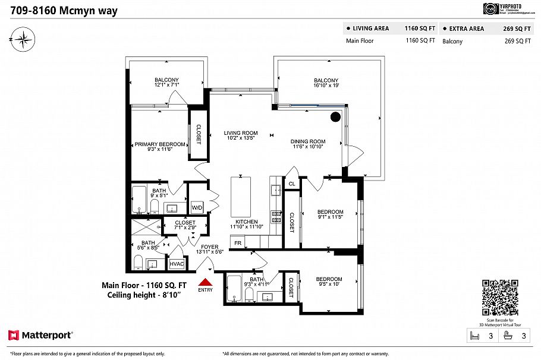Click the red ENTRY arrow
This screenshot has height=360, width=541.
205,282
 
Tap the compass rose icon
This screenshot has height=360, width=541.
23,40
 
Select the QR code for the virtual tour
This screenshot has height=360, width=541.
499,298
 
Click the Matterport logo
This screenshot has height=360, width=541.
40,336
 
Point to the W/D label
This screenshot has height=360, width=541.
197,207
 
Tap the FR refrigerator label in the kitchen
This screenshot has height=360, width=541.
238,244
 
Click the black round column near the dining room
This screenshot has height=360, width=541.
335,116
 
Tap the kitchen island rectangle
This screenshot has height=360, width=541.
240,196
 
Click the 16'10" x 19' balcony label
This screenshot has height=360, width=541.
326,83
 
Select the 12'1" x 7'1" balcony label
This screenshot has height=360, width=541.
166,83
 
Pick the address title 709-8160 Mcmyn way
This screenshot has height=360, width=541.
64,11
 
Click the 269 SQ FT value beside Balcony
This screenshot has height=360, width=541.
517,41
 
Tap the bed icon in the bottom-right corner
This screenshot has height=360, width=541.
474,336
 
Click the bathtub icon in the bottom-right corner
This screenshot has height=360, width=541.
508,336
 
